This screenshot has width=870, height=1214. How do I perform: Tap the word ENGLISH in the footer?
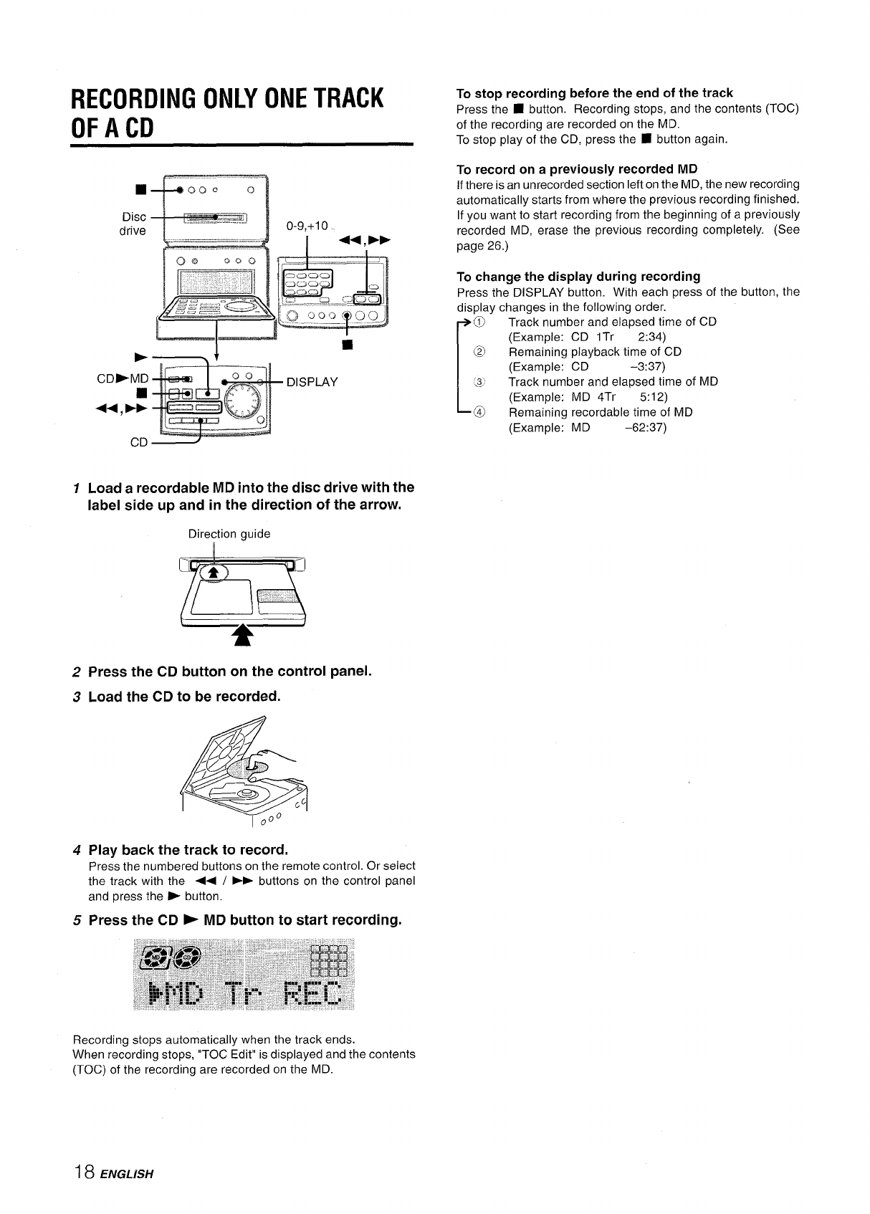click(x=128, y=1175)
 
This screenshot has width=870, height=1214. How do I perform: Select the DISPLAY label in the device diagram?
click(x=312, y=382)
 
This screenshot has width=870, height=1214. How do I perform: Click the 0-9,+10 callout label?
click(x=306, y=226)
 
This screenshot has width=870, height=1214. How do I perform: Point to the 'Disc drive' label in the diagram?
click(x=133, y=224)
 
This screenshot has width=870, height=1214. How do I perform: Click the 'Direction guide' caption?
click(x=229, y=534)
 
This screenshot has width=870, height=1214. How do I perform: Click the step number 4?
click(x=77, y=851)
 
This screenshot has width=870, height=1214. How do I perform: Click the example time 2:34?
click(x=652, y=337)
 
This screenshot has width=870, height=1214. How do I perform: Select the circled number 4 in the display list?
click(x=479, y=413)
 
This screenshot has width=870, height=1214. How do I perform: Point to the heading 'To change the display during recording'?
click(x=578, y=277)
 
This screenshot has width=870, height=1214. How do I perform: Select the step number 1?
click(x=77, y=488)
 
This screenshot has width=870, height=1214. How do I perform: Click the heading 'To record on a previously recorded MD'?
click(x=577, y=169)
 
